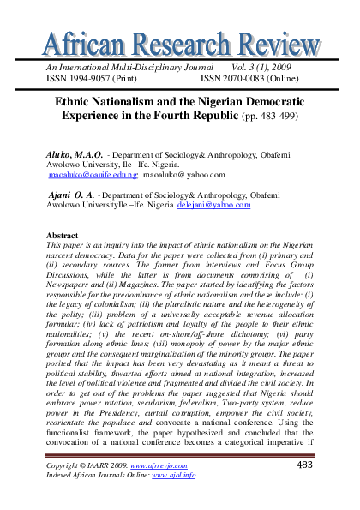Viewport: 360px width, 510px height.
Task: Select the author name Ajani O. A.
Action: (73, 195)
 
